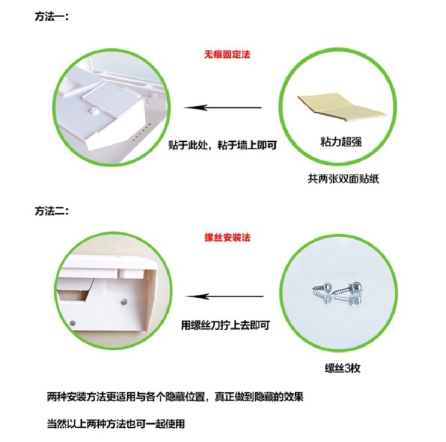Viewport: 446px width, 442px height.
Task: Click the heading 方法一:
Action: tap(51, 16)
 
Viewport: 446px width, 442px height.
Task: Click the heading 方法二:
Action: tap(51, 211)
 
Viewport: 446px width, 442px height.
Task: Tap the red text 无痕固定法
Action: tap(227, 54)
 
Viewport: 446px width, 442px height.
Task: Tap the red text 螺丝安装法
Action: tap(227, 237)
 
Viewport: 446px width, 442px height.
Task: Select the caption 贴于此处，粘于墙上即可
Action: tap(222, 145)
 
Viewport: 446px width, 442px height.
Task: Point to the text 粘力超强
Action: tap(341, 141)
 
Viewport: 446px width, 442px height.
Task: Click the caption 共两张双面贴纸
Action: tap(343, 179)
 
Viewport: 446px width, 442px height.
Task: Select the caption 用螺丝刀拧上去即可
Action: tap(225, 325)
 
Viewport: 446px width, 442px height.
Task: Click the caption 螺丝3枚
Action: tap(343, 368)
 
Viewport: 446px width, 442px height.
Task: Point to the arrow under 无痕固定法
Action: tap(223, 108)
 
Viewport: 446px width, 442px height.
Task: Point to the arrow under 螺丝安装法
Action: tap(224, 296)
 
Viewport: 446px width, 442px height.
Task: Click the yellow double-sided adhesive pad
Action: tap(342, 107)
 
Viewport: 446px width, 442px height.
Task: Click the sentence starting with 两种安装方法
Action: tap(175, 397)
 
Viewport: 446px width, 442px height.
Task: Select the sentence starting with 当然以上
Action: tap(116, 424)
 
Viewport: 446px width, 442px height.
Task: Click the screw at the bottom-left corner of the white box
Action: tap(73, 323)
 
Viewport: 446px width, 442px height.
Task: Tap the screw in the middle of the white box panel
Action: tap(124, 302)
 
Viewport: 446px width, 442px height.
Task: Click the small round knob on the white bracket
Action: tap(92, 110)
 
